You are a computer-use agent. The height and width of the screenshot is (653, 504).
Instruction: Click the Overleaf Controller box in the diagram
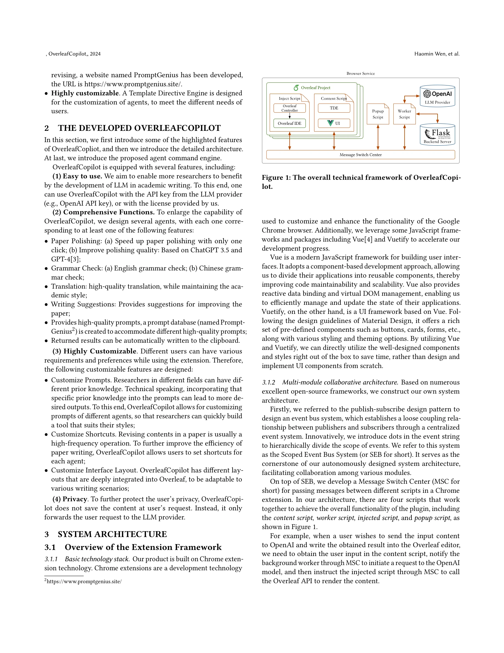[x=289, y=108]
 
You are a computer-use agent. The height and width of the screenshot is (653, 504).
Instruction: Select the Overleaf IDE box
[x=289, y=123]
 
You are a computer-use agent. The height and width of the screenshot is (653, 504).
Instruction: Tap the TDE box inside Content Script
[x=334, y=108]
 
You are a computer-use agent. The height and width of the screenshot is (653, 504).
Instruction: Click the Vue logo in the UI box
[x=330, y=123]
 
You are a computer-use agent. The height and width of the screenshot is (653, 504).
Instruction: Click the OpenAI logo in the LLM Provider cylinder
[x=427, y=94]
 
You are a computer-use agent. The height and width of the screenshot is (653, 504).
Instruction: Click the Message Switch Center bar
[x=360, y=154]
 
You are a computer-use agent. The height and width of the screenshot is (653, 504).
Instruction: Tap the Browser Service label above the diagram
[x=360, y=74]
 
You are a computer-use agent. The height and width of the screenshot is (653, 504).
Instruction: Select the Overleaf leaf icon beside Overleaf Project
[x=296, y=88]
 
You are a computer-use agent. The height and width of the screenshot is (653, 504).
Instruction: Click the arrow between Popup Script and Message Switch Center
[x=378, y=137]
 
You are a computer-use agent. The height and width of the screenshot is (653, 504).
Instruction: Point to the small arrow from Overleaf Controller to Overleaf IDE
[x=290, y=116]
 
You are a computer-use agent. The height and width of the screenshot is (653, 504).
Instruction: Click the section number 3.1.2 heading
[x=268, y=382]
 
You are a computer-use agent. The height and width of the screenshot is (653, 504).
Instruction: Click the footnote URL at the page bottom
[x=84, y=582]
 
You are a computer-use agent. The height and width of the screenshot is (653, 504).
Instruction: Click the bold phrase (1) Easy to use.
[x=77, y=176]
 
